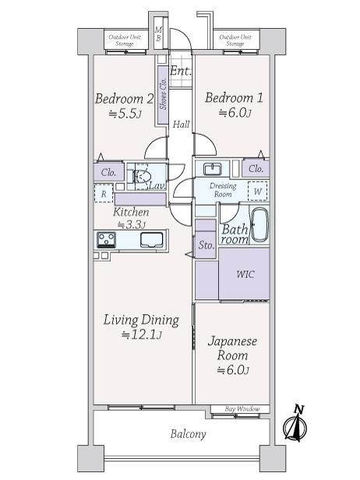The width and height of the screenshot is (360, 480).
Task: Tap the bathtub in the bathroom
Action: click(259, 225)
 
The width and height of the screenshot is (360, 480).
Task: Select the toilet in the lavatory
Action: click(142, 176)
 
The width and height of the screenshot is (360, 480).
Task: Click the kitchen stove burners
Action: click(106, 239)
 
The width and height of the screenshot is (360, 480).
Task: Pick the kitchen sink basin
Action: click(151, 240)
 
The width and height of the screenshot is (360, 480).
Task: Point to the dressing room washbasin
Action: click(213, 168)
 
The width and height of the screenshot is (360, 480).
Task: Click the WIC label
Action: click(245, 274)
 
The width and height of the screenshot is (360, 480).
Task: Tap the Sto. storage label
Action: click(206, 245)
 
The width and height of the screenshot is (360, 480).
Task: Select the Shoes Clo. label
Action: click(163, 94)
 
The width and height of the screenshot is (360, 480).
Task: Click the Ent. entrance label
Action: click(181, 71)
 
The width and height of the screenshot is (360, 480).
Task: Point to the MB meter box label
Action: click(158, 34)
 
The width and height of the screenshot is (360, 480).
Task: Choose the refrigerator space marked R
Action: click(104, 193)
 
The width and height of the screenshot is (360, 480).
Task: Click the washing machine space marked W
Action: click(257, 192)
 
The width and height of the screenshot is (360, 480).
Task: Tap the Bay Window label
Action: click(242, 408)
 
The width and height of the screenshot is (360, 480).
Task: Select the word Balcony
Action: click(188, 434)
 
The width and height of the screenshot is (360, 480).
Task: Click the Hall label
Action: click(181, 125)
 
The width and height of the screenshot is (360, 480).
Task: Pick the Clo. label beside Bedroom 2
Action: click(108, 173)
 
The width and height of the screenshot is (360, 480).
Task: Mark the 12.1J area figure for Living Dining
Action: click(142, 335)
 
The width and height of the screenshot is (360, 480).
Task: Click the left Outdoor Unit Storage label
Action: click(125, 40)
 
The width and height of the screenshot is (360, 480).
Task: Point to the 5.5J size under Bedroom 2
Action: click(125, 115)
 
